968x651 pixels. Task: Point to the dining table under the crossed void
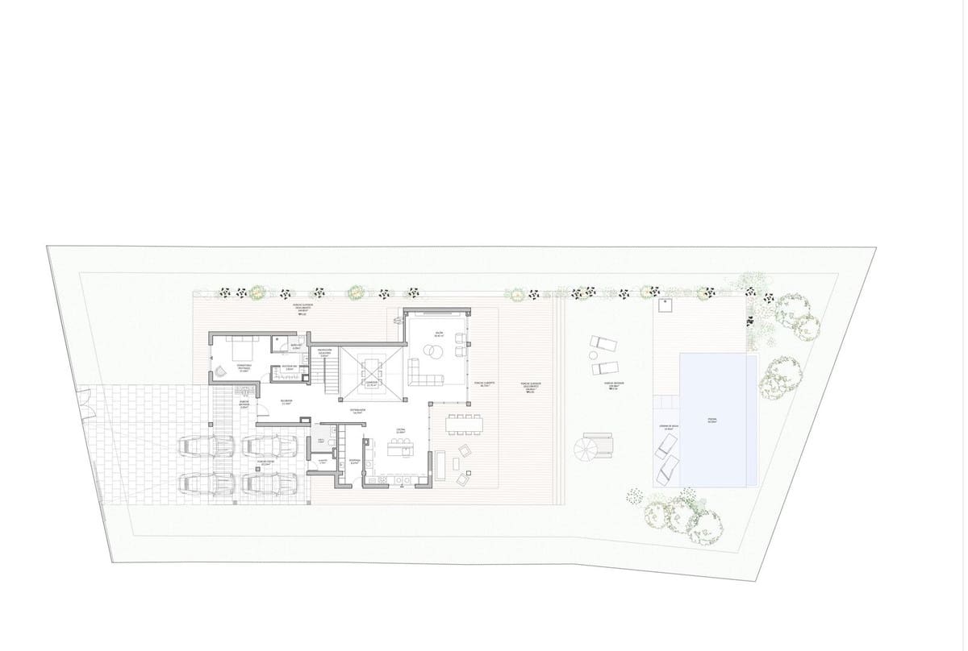tap(371, 371)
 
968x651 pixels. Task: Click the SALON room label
tap(439, 331)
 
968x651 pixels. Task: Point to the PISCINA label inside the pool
tap(712, 420)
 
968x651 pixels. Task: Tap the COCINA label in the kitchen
tap(400, 431)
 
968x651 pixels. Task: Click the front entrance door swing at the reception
tap(255, 391)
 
